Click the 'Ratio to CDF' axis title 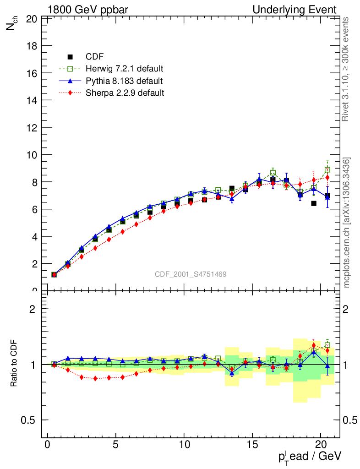(14, 364)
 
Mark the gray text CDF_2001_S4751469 (190, 274)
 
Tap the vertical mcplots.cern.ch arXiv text (347, 223)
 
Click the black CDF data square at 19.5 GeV (314, 203)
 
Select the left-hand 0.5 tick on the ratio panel (32, 420)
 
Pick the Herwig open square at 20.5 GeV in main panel (327, 170)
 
